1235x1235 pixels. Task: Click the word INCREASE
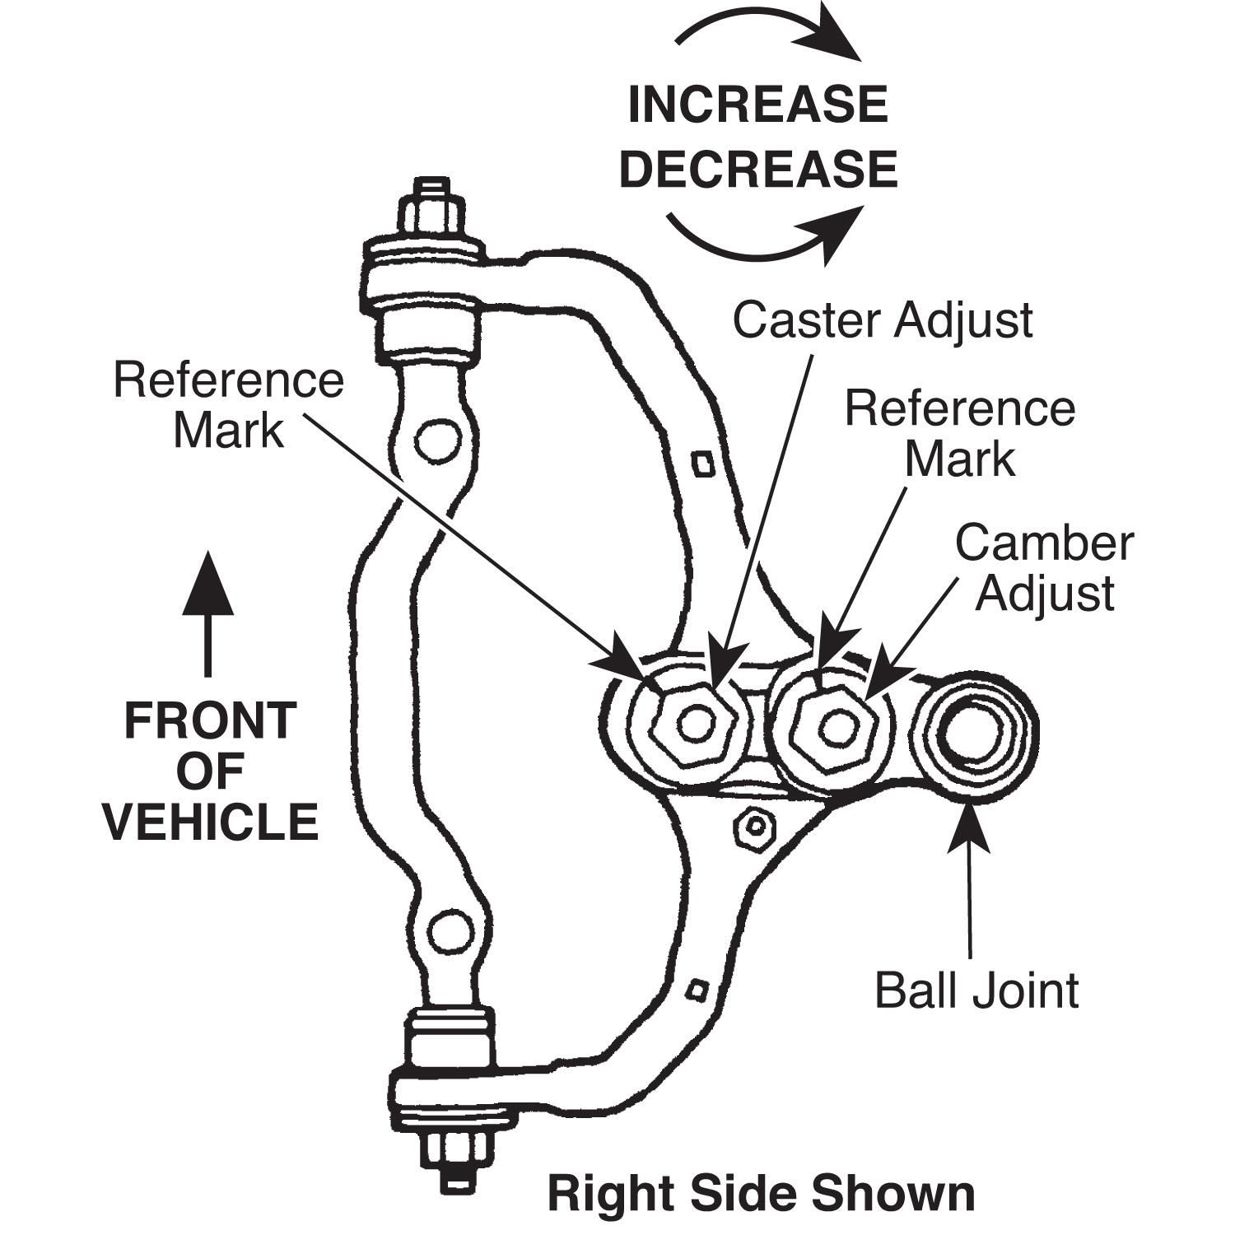click(757, 105)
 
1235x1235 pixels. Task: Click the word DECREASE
click(757, 169)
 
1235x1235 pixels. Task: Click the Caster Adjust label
click(883, 320)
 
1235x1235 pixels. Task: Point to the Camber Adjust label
click(1044, 568)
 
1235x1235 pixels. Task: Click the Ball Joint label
click(976, 990)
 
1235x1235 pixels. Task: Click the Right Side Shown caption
click(761, 1193)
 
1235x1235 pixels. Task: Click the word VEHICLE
click(212, 823)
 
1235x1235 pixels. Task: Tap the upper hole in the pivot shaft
click(436, 442)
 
